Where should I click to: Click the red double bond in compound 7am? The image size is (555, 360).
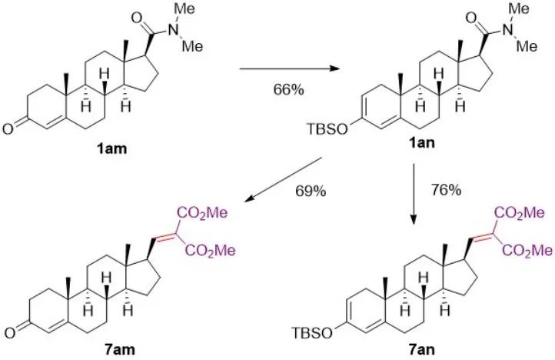[164, 229]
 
